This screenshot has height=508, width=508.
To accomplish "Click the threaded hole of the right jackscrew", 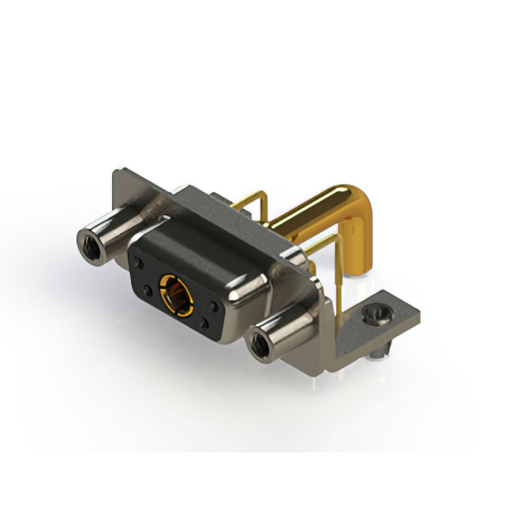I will [x=258, y=345].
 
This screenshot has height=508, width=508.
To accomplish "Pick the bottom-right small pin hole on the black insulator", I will [x=205, y=323].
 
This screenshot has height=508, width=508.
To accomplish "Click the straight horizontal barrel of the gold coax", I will [x=310, y=210].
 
